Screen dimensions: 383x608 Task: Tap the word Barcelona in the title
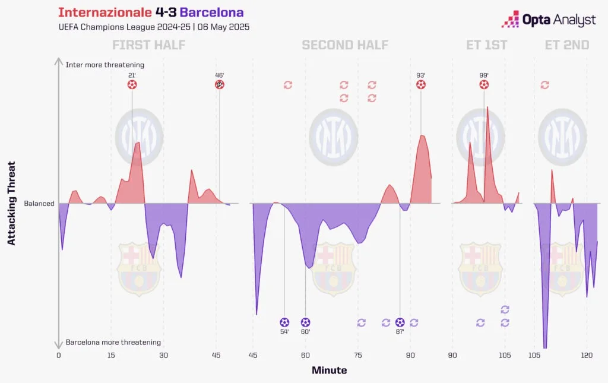[211, 12]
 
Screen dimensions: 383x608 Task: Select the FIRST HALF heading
[148, 45]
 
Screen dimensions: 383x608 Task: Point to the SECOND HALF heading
[345, 45]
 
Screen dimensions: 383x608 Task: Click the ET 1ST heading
[487, 45]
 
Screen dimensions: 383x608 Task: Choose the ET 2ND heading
[567, 45]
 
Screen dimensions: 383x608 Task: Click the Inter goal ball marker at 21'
[132, 85]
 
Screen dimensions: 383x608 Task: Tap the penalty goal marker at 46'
[220, 85]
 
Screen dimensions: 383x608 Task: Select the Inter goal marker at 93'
[421, 85]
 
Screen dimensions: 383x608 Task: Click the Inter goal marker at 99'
[484, 85]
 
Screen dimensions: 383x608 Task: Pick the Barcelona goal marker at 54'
[284, 322]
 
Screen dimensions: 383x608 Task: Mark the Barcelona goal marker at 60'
[305, 322]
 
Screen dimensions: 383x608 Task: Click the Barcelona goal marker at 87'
[400, 322]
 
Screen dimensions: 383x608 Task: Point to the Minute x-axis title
[330, 370]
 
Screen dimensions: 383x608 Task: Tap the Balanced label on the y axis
[39, 204]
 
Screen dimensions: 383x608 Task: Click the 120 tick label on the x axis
[587, 355]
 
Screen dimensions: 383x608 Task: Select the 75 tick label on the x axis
[358, 355]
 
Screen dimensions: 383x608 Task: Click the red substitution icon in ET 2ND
[544, 86]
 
